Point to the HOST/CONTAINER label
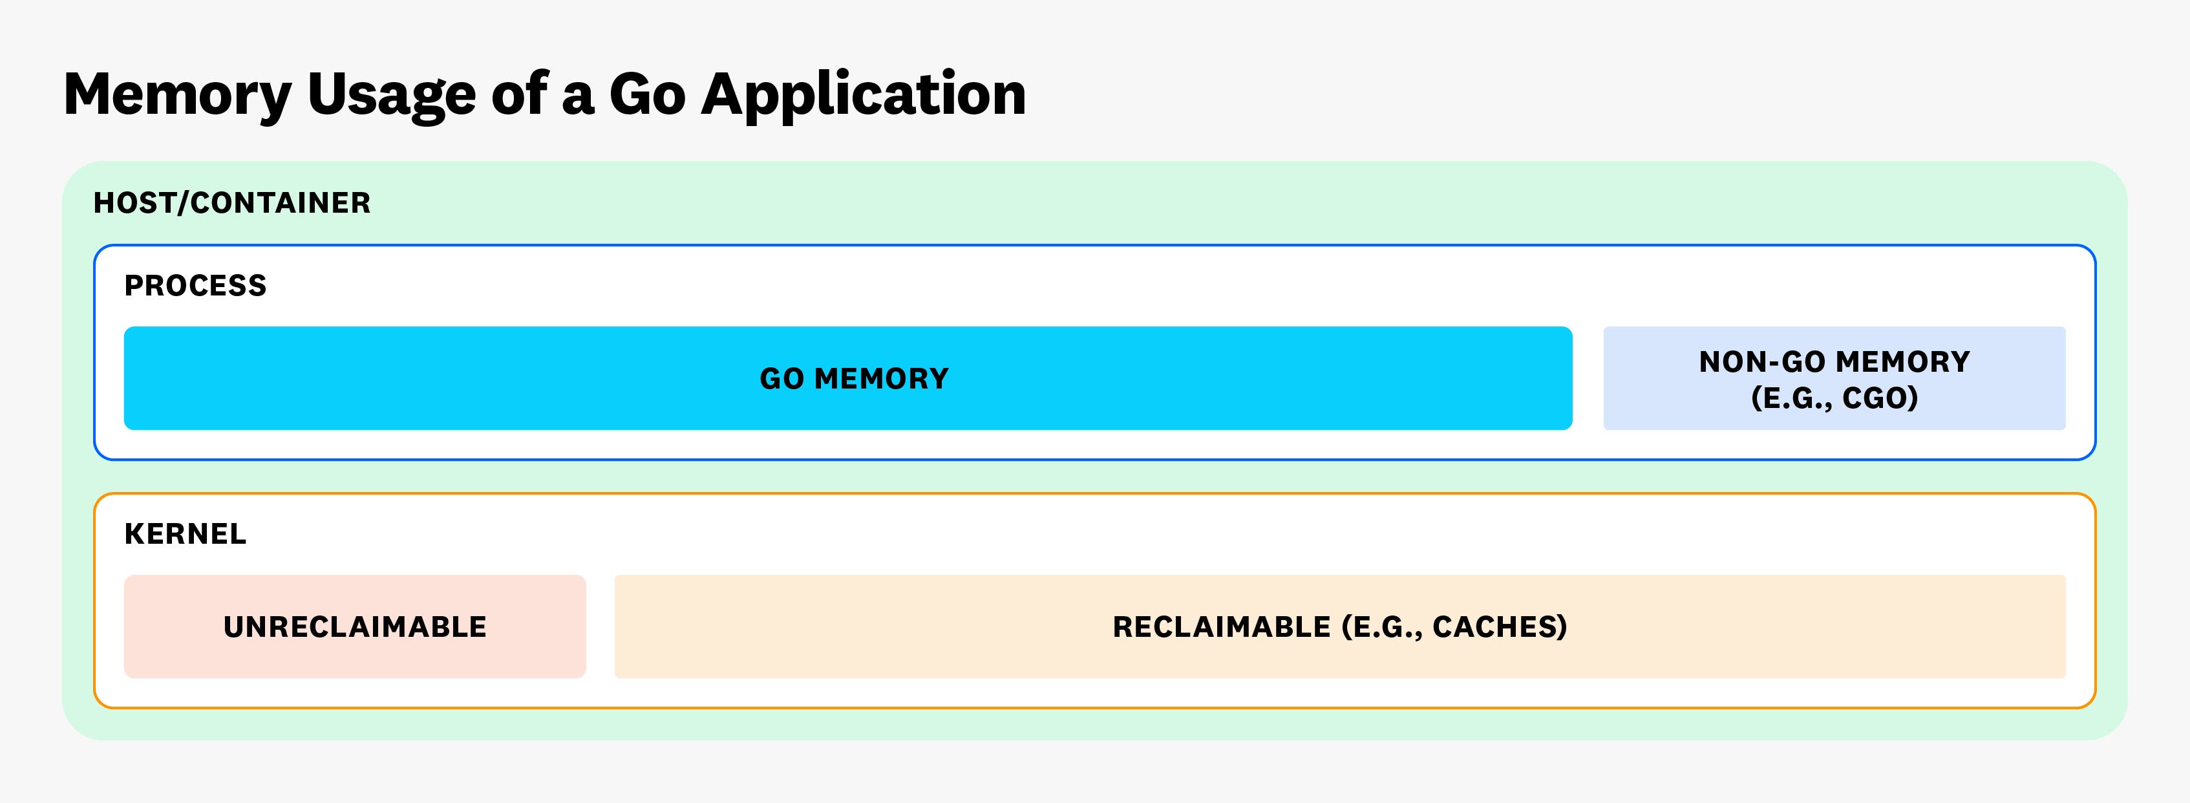232,203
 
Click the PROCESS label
195,286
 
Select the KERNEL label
186,534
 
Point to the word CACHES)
1500,627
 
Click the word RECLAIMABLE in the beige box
1222,627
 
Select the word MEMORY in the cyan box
882,378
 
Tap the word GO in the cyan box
782,378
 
